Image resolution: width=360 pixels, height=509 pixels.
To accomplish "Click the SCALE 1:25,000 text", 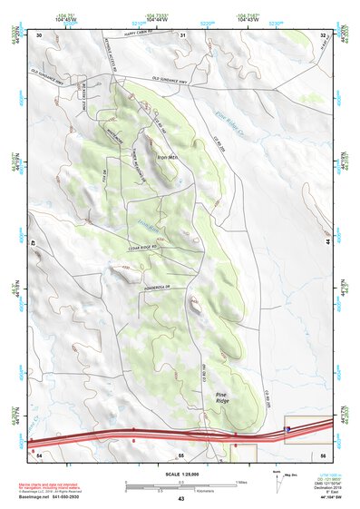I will (180, 473).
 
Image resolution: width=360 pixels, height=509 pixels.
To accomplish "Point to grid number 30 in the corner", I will (40, 34).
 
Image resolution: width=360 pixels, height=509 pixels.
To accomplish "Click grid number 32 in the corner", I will (323, 34).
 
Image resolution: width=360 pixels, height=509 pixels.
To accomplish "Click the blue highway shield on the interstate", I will (288, 429).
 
